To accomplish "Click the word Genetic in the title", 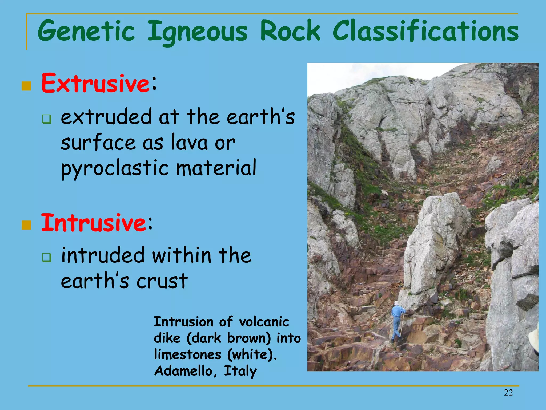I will click(x=86, y=31).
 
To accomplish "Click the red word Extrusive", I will click(x=95, y=83).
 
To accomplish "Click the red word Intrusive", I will click(x=93, y=223).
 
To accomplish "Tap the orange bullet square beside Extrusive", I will click(x=26, y=86).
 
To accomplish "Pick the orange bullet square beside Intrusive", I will click(x=26, y=225).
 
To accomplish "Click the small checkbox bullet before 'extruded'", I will click(x=47, y=119).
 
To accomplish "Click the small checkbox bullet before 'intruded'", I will click(x=47, y=258).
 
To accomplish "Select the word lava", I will click(x=189, y=142).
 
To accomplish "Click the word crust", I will click(x=162, y=281).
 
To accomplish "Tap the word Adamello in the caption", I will click(x=183, y=371).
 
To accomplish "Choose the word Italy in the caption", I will click(x=240, y=371).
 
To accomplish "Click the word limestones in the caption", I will click(x=188, y=354).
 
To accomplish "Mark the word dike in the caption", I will click(x=167, y=338).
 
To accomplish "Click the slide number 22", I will click(x=508, y=393).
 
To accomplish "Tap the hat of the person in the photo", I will click(x=397, y=303).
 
